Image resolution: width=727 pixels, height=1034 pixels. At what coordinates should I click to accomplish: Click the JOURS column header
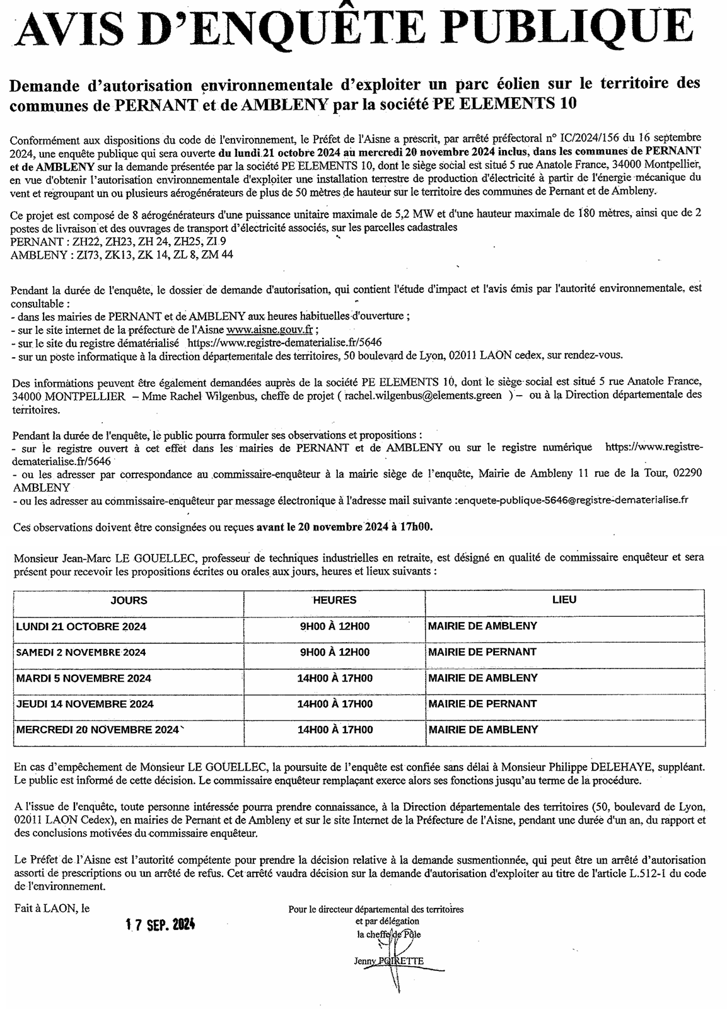click(x=129, y=600)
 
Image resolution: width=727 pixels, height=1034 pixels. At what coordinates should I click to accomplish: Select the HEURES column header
click(x=335, y=600)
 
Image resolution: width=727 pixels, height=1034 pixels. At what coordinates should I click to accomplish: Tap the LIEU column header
click(x=564, y=600)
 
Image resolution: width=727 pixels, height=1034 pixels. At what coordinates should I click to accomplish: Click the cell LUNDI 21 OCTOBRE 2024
click(x=81, y=626)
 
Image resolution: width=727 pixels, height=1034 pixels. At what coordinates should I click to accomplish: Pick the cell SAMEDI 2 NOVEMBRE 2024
click(x=81, y=652)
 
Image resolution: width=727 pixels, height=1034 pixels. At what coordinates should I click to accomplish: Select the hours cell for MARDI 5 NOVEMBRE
click(x=335, y=679)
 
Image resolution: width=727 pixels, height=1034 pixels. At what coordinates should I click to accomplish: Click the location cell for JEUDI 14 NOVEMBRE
click(x=482, y=704)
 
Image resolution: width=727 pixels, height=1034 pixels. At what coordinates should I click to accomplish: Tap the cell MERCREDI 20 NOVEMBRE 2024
click(x=97, y=730)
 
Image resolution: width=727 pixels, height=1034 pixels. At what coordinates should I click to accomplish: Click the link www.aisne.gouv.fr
click(x=270, y=330)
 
